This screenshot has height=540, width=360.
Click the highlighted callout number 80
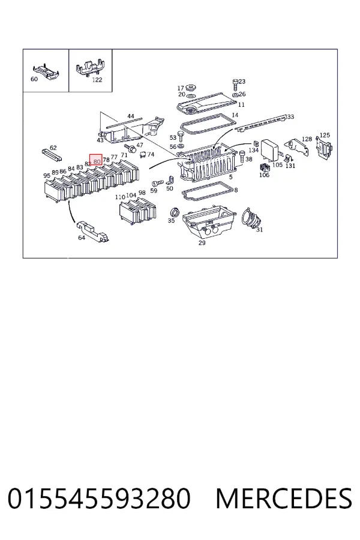(x=97, y=161)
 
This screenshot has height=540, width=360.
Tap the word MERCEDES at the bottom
(x=284, y=499)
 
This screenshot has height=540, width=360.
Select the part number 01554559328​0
(x=99, y=499)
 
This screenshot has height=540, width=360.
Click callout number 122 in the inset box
(x=97, y=80)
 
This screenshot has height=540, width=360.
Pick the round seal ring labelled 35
(x=175, y=212)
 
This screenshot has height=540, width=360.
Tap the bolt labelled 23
(x=235, y=84)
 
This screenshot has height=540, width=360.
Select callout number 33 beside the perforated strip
(x=290, y=117)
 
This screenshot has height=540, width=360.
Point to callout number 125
(x=325, y=136)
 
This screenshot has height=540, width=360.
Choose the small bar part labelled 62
(x=52, y=155)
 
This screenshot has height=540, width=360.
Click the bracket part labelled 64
(x=93, y=231)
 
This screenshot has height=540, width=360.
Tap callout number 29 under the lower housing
(x=202, y=243)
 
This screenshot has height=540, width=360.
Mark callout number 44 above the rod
(x=131, y=116)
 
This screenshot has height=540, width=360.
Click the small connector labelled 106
(x=264, y=168)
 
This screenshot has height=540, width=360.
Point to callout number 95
(x=47, y=176)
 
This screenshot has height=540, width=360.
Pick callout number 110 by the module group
(x=120, y=197)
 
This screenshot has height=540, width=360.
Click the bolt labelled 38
(x=242, y=157)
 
